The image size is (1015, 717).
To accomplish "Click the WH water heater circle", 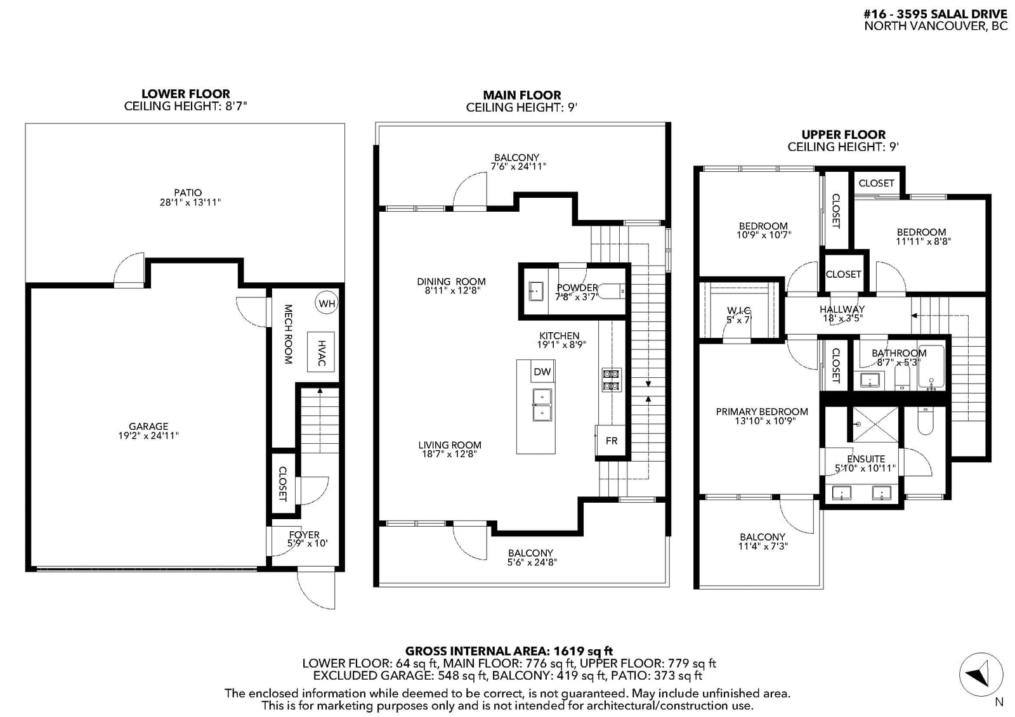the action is click(327, 303).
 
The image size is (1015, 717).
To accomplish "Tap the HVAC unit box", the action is click(321, 352).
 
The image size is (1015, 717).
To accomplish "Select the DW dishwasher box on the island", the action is click(542, 371).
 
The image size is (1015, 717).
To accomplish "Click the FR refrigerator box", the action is click(611, 440).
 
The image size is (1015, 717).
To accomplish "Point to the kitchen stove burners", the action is click(612, 380).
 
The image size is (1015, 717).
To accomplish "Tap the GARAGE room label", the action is click(148, 426).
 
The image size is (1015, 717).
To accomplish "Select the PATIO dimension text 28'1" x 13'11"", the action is click(190, 202).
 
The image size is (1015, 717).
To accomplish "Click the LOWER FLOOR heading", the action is click(186, 94).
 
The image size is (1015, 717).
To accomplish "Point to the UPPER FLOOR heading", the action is click(843, 134).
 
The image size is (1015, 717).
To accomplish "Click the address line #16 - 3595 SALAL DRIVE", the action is click(935, 14).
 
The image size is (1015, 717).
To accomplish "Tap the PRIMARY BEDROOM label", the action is click(762, 411).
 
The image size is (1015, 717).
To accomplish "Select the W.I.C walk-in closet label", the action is click(738, 310).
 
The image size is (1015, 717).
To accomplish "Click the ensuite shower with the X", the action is click(875, 424).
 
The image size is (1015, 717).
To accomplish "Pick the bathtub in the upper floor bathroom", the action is click(931, 367).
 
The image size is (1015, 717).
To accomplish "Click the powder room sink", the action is click(535, 291).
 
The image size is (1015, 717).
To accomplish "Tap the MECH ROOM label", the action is click(288, 334).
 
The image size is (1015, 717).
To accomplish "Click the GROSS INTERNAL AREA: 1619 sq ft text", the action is click(509, 651).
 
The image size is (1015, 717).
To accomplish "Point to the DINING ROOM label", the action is click(451, 281).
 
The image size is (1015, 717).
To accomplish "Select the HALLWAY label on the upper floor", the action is click(842, 309).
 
